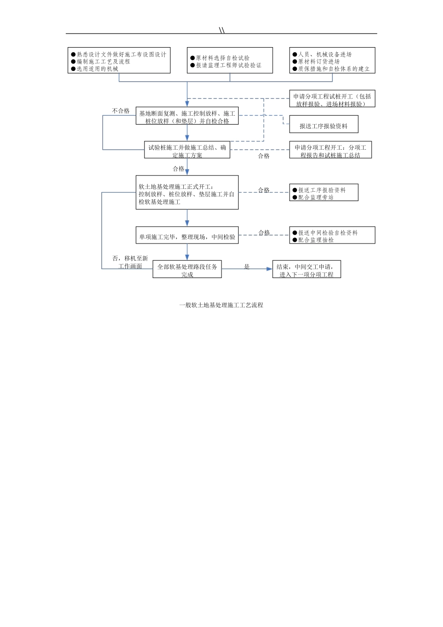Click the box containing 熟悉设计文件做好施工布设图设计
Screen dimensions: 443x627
[119, 61]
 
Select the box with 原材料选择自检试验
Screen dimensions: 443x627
[230, 61]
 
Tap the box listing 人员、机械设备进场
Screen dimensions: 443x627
[332, 61]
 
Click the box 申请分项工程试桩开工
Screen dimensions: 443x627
[332, 98]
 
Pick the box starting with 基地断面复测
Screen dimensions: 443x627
[187, 116]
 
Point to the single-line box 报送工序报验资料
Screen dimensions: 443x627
[324, 124]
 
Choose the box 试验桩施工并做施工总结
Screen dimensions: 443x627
[187, 150]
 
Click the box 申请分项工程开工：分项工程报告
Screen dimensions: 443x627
[331, 150]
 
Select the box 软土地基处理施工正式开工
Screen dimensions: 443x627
[187, 192]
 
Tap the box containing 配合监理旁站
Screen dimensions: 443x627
[324, 192]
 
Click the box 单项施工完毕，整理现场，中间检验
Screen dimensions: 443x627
[187, 235]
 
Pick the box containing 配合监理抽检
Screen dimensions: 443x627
[332, 235]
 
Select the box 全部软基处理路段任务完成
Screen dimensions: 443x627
[187, 269]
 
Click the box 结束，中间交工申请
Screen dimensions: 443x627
[306, 269]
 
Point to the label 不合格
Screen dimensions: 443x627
[121, 111]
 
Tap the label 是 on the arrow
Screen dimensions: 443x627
[247, 266]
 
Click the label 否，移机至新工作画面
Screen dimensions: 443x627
[130, 262]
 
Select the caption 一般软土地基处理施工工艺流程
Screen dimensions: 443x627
[221, 305]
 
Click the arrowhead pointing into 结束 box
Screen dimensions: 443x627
[270, 269]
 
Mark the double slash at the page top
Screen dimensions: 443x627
[221, 30]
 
